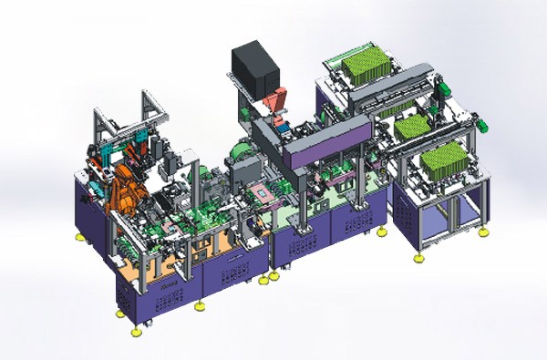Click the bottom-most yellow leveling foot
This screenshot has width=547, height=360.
137,331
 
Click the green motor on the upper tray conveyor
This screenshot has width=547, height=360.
444,87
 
